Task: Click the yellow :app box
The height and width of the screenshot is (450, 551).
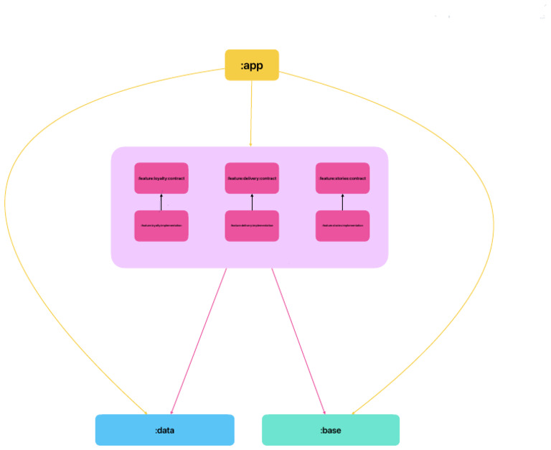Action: click(251, 65)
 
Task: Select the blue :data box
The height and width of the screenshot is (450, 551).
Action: click(164, 430)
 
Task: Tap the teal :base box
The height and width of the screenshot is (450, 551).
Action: click(330, 430)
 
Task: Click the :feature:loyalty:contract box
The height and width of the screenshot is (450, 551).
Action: click(161, 178)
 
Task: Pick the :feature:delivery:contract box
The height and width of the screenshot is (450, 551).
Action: click(252, 178)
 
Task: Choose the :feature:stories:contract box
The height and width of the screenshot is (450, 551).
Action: click(342, 178)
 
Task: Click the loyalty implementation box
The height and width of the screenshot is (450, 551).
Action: click(161, 225)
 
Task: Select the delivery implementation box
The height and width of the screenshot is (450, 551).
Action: click(252, 225)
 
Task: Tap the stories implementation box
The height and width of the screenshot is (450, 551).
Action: click(342, 225)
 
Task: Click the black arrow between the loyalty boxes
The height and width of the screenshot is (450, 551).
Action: click(161, 202)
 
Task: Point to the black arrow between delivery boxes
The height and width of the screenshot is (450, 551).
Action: click(252, 202)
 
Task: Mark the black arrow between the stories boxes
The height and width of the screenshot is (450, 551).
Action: click(342, 202)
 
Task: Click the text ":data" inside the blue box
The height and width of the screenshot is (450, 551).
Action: click(164, 431)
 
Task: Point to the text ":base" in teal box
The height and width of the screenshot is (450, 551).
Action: click(330, 431)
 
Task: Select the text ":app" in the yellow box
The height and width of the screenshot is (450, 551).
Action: click(251, 65)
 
